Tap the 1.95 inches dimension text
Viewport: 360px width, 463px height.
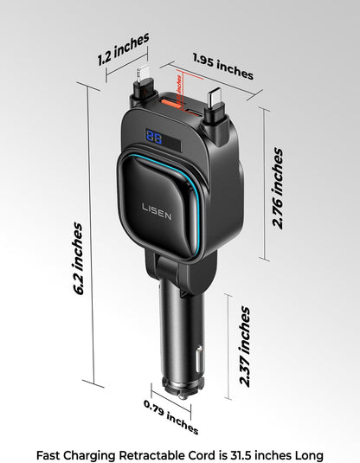222,67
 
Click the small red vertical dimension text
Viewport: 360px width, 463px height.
179,83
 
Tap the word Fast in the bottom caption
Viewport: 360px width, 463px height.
49,454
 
